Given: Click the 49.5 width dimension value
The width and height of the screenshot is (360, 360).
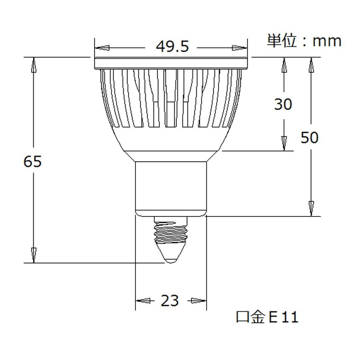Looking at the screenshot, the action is click(x=172, y=46).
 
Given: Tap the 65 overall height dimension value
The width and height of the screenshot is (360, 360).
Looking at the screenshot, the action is click(x=32, y=161).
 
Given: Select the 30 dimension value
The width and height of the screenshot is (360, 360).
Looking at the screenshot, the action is click(x=283, y=104).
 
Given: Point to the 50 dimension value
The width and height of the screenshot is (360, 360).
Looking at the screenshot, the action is click(x=310, y=137).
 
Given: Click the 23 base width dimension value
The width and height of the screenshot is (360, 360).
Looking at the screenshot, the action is click(x=170, y=301).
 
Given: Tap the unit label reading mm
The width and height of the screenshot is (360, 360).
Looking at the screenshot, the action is click(x=327, y=41).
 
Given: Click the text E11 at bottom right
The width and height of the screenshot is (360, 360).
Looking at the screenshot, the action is click(x=283, y=317).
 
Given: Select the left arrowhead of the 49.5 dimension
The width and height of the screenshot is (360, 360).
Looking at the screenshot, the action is click(x=102, y=48).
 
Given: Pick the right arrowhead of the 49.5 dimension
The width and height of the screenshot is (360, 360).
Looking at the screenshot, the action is click(x=240, y=48).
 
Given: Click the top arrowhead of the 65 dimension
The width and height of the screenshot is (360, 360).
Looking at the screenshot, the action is click(x=34, y=65).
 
